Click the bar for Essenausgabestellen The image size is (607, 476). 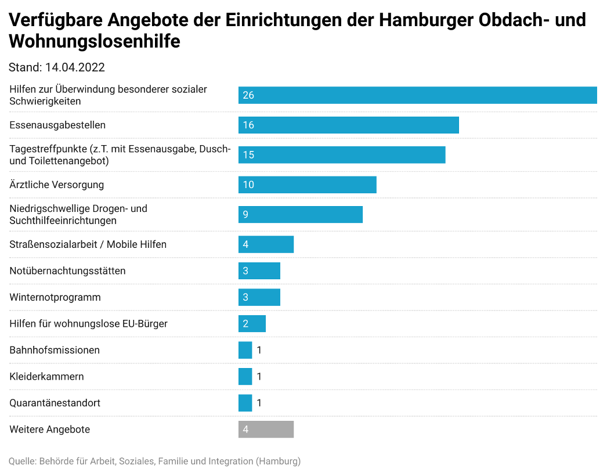[x=348, y=125]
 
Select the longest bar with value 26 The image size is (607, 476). [x=417, y=95]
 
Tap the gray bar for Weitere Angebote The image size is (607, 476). [x=266, y=430]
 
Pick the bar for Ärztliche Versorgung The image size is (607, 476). [x=307, y=185]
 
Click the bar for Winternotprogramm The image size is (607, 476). [x=259, y=297]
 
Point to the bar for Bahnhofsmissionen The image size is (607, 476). [x=245, y=350]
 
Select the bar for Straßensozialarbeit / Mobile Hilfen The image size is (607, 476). [x=266, y=244]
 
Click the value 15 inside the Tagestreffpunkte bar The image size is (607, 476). [x=248, y=155]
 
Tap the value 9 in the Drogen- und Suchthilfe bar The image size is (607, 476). [x=245, y=215]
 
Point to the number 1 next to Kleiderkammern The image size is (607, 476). [x=259, y=377]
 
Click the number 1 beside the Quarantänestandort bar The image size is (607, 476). [x=259, y=403]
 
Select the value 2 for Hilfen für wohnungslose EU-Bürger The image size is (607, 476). [x=245, y=324]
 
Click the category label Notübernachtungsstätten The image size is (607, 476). [x=67, y=271]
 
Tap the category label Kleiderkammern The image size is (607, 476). [x=46, y=377]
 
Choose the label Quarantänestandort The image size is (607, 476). [x=55, y=403]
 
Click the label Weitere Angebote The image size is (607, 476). [x=50, y=430]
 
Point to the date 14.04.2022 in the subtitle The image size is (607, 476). [x=75, y=67]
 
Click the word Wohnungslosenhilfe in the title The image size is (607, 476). [x=95, y=42]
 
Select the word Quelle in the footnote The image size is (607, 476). [x=21, y=461]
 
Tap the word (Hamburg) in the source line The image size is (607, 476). [x=279, y=461]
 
